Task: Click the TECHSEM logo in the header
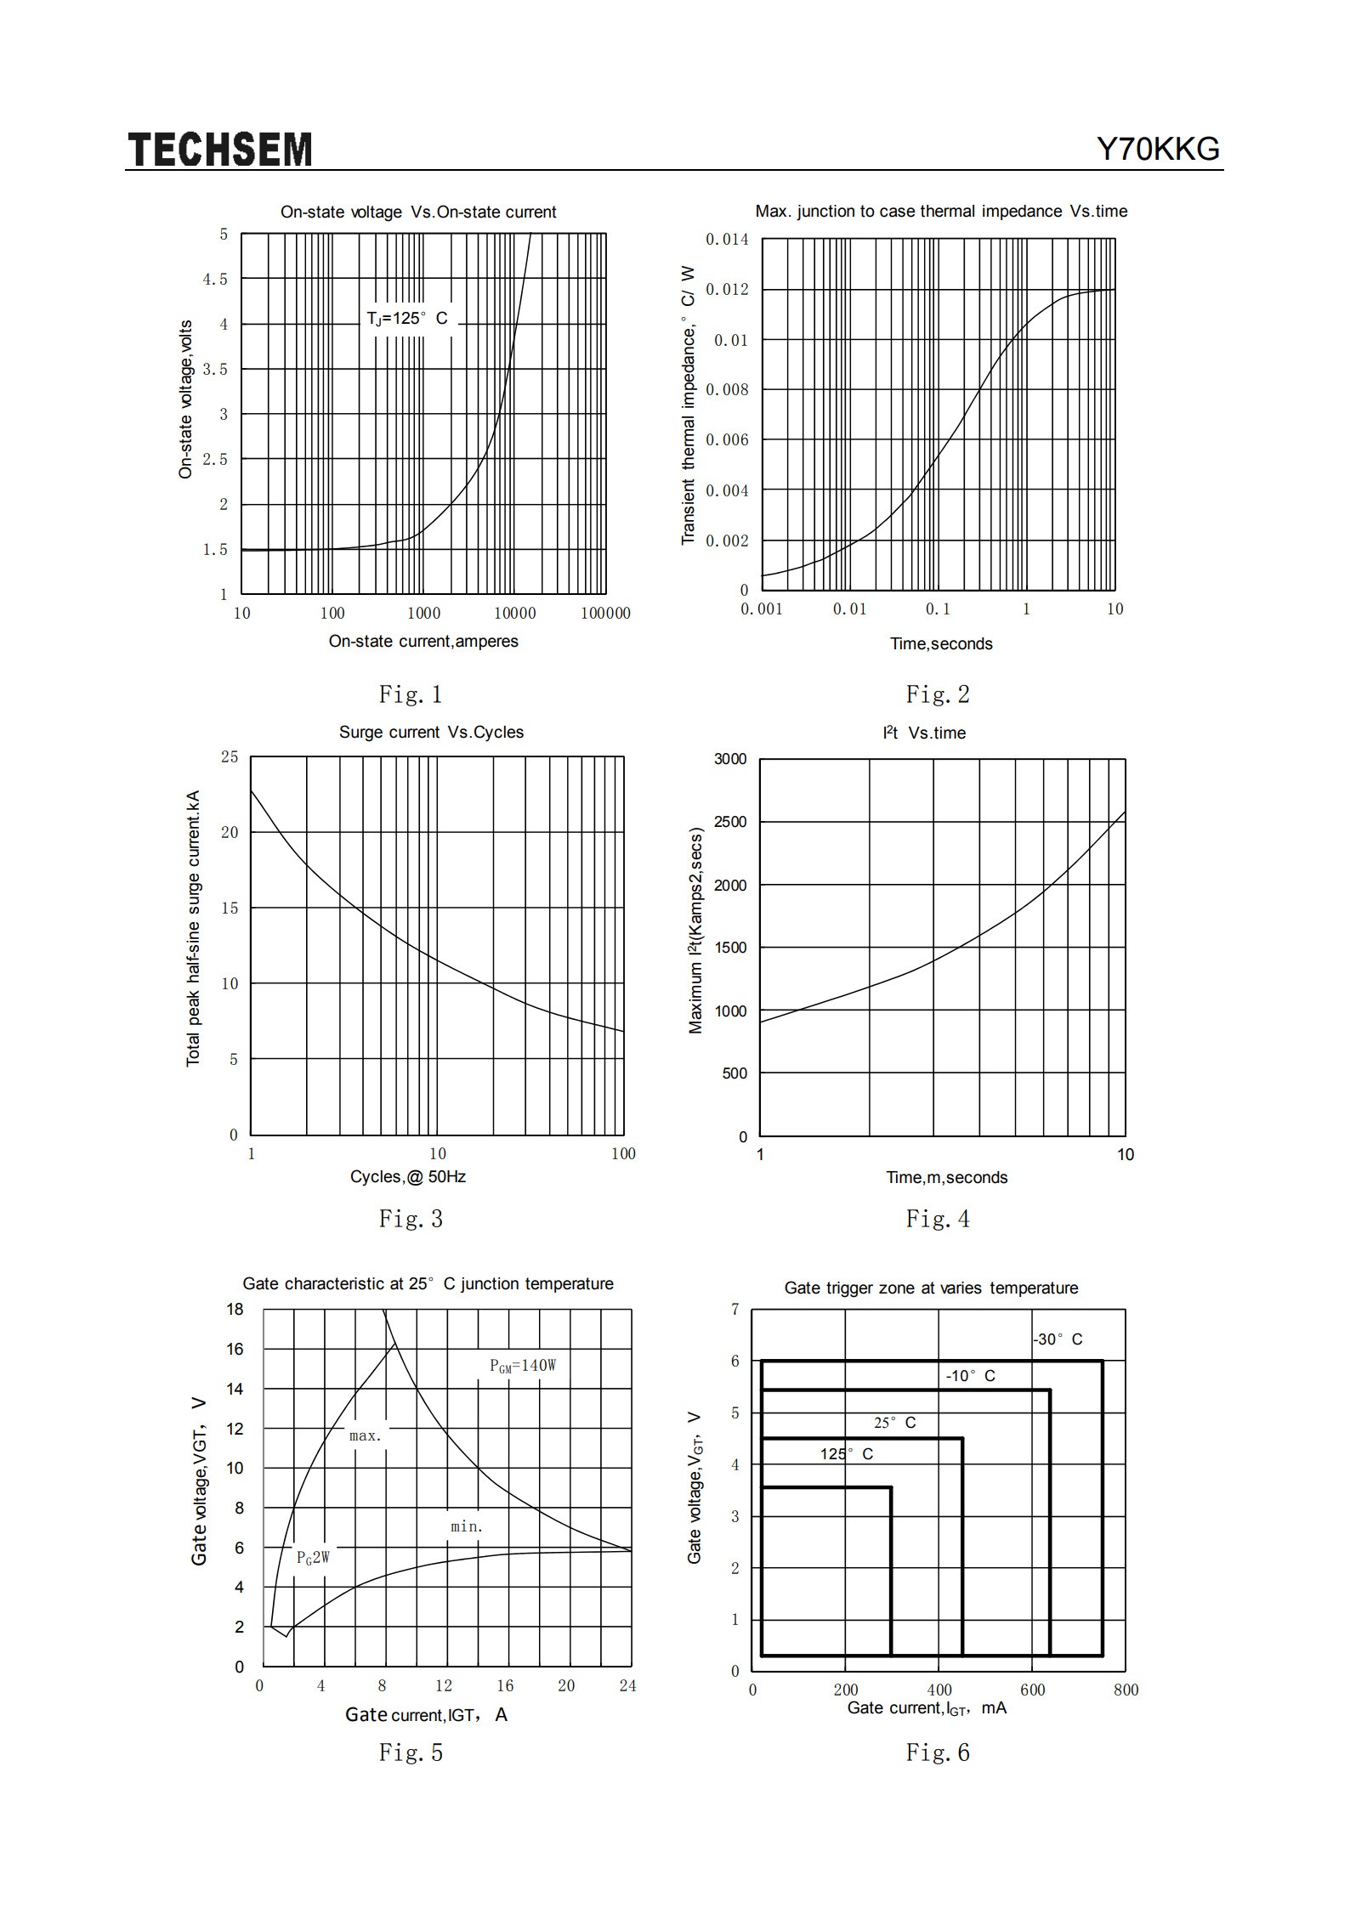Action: pos(220,150)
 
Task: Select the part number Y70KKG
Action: pos(1158,150)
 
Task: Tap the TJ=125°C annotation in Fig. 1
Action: pos(406,319)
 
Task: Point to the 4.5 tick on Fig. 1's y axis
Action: pos(215,279)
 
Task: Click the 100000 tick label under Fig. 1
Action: pos(605,614)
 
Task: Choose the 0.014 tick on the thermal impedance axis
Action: pos(727,239)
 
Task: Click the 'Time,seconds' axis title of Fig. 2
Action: pos(941,644)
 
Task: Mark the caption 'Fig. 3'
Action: pos(411,1219)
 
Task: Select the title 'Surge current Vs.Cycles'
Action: pos(431,733)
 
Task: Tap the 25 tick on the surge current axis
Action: pos(230,756)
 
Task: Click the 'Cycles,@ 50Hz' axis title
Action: pos(408,1177)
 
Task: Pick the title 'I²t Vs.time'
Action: pos(924,733)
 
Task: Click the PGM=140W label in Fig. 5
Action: pos(523,1366)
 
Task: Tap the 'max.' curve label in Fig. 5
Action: pos(366,1435)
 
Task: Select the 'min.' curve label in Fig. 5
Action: pos(467,1526)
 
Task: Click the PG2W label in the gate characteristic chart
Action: pos(313,1557)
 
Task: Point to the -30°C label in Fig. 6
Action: pos(1058,1339)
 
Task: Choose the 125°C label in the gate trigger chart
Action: pos(847,1454)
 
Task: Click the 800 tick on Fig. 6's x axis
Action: pos(1126,1690)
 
